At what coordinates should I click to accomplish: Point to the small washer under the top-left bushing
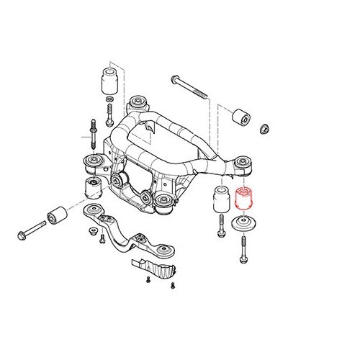click(x=109, y=102)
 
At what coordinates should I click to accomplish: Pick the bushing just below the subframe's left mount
click(x=92, y=189)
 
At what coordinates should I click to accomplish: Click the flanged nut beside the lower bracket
click(x=93, y=232)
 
